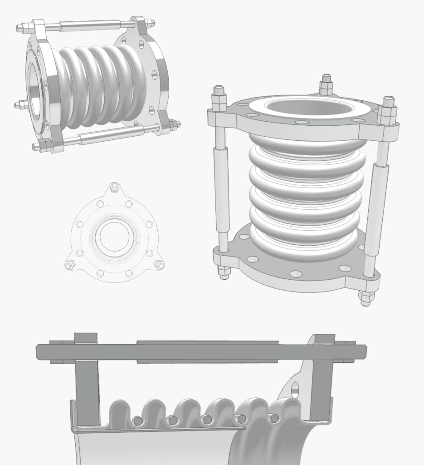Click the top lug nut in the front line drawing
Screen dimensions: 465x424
[x=114, y=187]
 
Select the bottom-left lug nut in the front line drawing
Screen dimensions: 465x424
[x=70, y=264]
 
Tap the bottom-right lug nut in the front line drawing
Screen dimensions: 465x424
[x=158, y=264]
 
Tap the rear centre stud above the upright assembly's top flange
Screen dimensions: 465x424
[x=326, y=84]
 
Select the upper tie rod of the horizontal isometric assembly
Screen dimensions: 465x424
[x=91, y=26]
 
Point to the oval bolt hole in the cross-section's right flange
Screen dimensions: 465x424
[x=295, y=389]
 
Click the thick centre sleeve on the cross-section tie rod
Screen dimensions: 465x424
[x=207, y=351]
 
